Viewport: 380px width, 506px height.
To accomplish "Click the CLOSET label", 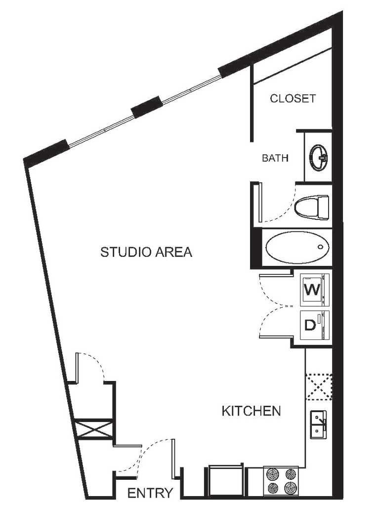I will [293, 98].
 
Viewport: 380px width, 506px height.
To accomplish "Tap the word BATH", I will [275, 158].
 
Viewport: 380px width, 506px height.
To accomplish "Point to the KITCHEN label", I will [252, 411].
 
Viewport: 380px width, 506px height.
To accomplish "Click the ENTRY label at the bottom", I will [150, 492].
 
